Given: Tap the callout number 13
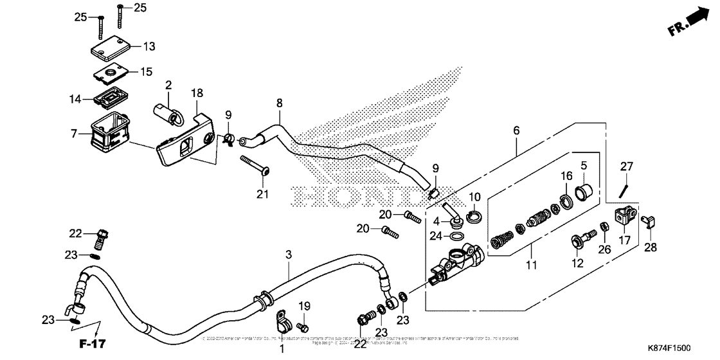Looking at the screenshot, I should (x=148, y=46).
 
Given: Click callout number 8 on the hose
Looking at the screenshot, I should (x=279, y=102).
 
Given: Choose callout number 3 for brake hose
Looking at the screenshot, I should (x=289, y=255).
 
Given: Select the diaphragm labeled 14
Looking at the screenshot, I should (x=109, y=100).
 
